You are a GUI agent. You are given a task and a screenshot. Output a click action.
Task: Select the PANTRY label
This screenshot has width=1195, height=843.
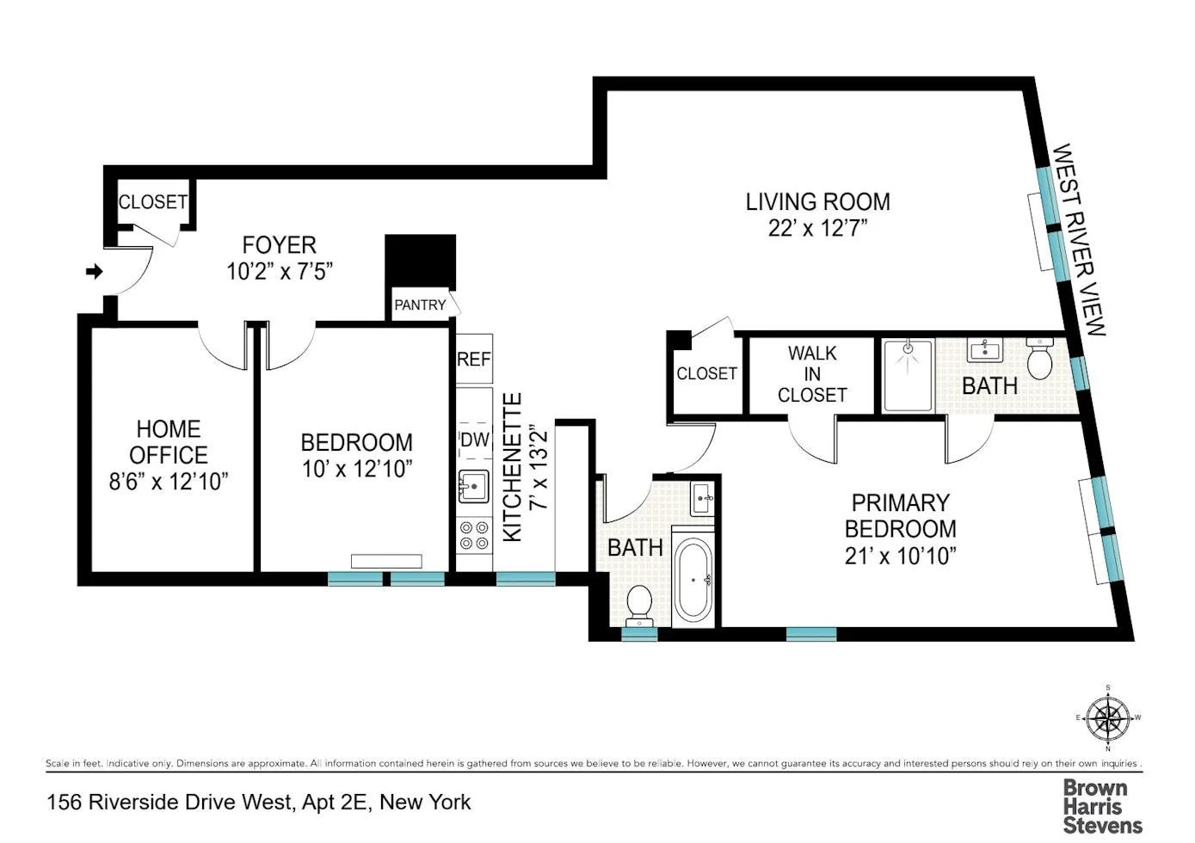(x=420, y=305)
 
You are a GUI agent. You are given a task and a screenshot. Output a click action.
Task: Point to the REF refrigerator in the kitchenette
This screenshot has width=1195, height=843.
(x=474, y=360)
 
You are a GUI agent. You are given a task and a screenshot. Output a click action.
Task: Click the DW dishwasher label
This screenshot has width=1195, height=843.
(x=474, y=440)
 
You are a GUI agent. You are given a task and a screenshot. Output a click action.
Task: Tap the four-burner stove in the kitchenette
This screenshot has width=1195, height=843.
(x=474, y=535)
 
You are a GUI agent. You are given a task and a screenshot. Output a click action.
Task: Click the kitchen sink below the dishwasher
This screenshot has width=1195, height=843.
(x=473, y=487)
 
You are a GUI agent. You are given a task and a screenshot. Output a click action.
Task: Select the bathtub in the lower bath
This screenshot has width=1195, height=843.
(x=693, y=580)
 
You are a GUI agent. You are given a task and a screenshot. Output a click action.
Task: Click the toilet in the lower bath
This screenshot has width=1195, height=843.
(x=639, y=603)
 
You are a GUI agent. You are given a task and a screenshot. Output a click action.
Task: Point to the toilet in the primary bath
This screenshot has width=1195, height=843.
(x=1040, y=359)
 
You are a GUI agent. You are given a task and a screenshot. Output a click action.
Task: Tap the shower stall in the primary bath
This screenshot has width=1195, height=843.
(x=908, y=375)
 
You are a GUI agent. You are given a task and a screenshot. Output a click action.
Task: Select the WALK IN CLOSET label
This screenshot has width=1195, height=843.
(x=812, y=374)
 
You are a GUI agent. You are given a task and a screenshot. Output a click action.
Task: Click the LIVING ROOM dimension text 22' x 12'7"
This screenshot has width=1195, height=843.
(x=817, y=228)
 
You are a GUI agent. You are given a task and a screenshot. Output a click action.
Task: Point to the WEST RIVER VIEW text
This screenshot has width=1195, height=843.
(x=1079, y=239)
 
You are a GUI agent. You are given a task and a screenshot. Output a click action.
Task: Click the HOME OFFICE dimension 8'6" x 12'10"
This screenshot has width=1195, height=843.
(x=169, y=482)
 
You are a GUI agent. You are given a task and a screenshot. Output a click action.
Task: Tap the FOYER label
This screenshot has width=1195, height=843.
(x=279, y=245)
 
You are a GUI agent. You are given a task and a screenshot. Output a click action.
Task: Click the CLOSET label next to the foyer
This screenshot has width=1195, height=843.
(x=152, y=202)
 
